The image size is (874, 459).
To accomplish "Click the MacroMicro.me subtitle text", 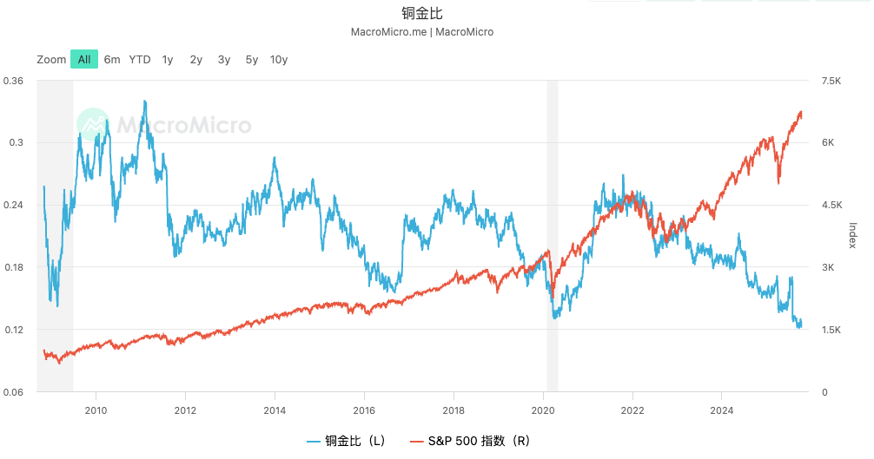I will pos(421,32).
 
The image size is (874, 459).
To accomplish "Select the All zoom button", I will pos(83,60).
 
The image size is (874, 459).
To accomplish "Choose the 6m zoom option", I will pos(112,60).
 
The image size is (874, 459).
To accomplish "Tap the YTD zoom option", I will pos(140,60).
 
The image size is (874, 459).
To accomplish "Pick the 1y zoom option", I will pos(168,60).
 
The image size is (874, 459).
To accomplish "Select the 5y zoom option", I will pos(252,60).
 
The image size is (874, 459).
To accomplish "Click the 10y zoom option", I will pos(279,60).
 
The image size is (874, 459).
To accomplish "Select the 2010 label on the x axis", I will pos(96,410).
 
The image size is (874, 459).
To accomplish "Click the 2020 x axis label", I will pos(543,410).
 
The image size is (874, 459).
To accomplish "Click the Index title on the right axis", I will pos(853,234).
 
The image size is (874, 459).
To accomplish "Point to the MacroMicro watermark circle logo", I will pos(93,126).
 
